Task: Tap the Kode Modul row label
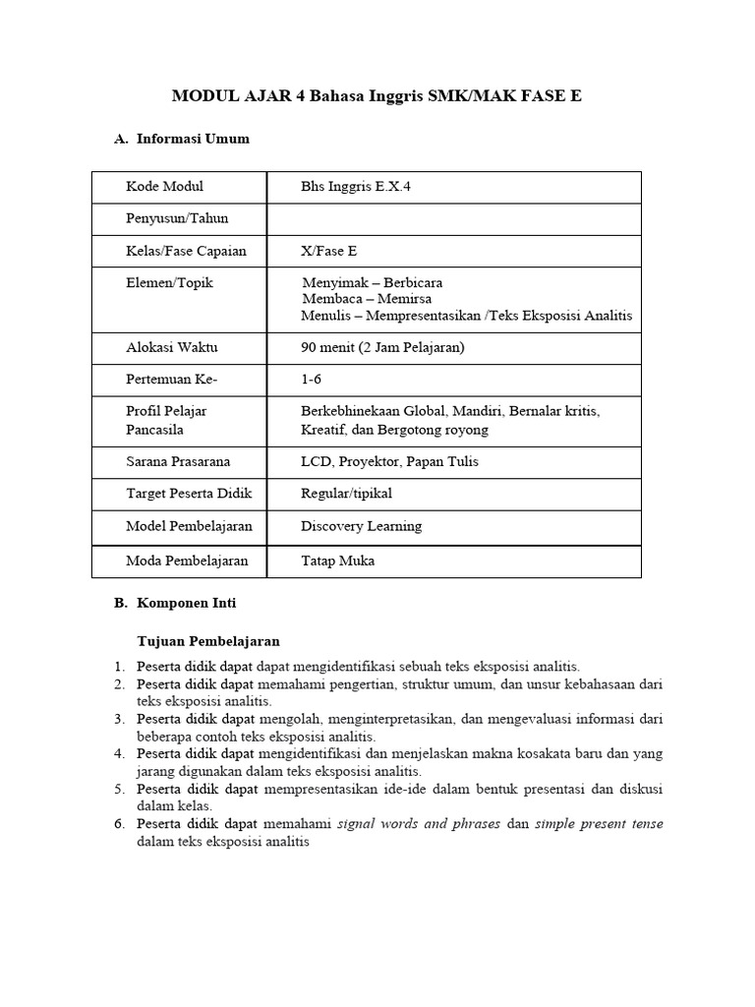pyautogui.click(x=165, y=187)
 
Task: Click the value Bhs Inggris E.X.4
pyautogui.click(x=356, y=187)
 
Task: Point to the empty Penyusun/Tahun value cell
pyautogui.click(x=454, y=218)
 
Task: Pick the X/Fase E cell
pyautogui.click(x=329, y=251)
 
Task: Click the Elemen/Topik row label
pyautogui.click(x=169, y=282)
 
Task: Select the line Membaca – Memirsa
pyautogui.click(x=367, y=299)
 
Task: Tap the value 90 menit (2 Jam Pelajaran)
pyautogui.click(x=382, y=347)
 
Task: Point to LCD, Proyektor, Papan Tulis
pyautogui.click(x=389, y=461)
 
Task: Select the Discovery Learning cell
pyautogui.click(x=361, y=526)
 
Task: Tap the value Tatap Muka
pyautogui.click(x=337, y=562)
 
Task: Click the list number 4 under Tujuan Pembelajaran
pyautogui.click(x=118, y=753)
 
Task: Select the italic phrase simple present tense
pyautogui.click(x=599, y=823)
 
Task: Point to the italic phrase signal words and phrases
pyautogui.click(x=419, y=823)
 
